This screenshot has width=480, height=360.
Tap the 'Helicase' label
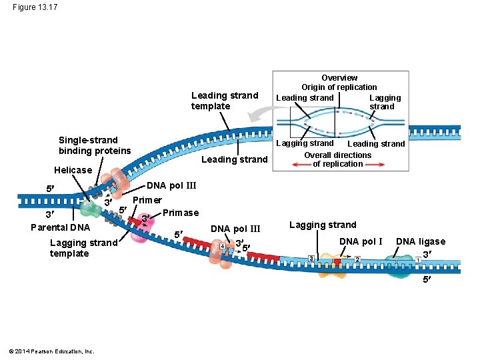point(73,170)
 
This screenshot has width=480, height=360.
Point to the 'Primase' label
point(181,213)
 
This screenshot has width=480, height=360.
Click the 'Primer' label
point(147,200)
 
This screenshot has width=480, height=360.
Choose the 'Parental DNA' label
point(60,227)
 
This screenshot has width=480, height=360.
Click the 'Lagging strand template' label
point(83,248)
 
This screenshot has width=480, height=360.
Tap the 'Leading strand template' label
point(224,101)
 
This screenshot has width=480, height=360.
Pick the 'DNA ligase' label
point(421,241)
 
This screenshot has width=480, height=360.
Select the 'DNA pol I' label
point(361,241)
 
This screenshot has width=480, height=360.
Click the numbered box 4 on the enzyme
point(222,247)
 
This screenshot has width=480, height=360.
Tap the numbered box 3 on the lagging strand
point(311,259)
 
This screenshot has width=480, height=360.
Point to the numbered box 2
point(357,259)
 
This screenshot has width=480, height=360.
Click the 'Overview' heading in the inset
point(339,78)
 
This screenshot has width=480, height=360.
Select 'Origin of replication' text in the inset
point(339,87)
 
